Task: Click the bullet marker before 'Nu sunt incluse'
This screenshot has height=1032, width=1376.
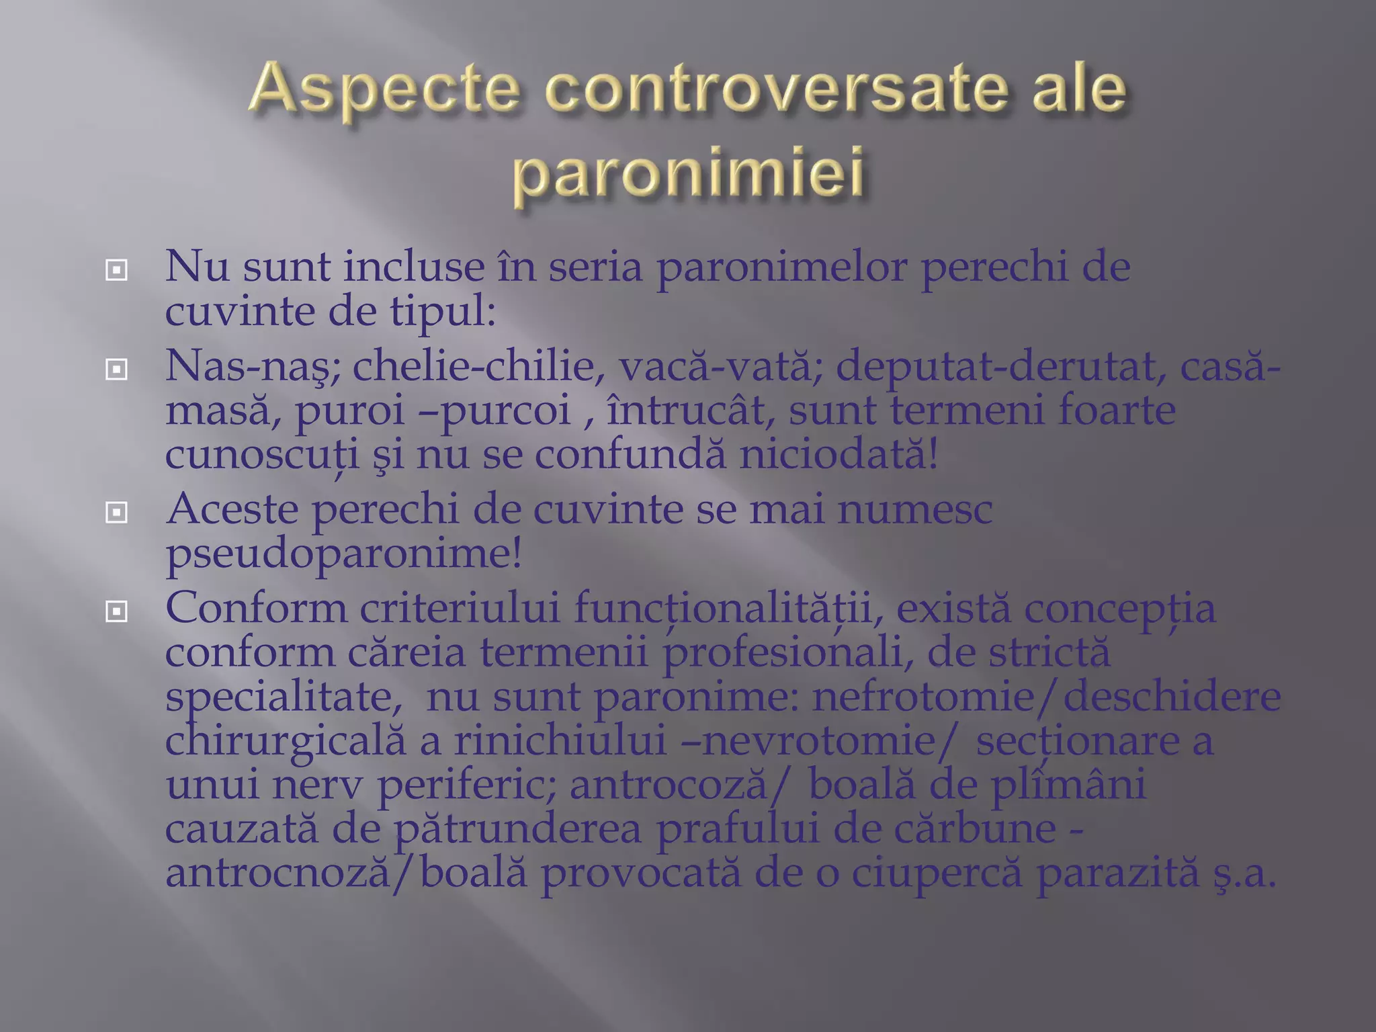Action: pyautogui.click(x=117, y=271)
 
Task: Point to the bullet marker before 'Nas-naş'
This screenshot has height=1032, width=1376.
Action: pyautogui.click(x=117, y=369)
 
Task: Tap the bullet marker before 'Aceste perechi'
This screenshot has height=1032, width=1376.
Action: pyautogui.click(x=117, y=513)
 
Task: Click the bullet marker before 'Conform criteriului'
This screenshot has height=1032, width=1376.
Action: pyautogui.click(x=117, y=611)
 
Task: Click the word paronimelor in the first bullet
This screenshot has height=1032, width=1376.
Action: pyautogui.click(x=782, y=267)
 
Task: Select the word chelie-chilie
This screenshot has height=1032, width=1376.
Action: pyautogui.click(x=478, y=366)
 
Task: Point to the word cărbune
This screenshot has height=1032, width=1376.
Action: pyautogui.click(x=975, y=829)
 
